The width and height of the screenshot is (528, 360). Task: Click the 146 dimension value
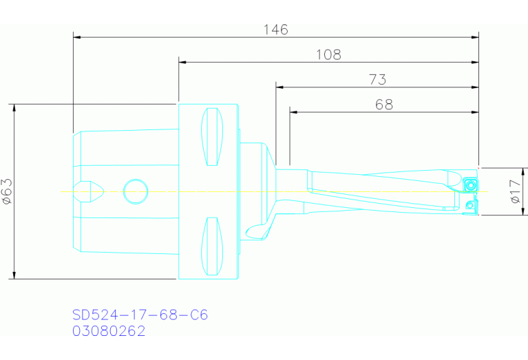tap(275, 30)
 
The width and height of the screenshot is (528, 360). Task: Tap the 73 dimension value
tap(377, 80)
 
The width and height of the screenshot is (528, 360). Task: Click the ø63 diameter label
tap(7, 191)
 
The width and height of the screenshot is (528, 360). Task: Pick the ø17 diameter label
tap(515, 191)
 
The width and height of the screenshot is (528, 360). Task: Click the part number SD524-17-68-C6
tap(140, 315)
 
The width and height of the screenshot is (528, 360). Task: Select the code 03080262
tap(109, 331)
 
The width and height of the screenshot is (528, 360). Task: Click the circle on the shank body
tap(135, 191)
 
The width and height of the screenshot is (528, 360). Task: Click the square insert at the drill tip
tap(470, 184)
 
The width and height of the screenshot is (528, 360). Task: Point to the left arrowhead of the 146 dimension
tap(76, 36)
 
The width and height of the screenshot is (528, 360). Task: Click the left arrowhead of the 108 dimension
tap(182, 62)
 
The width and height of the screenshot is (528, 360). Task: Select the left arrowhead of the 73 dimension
tap(279, 87)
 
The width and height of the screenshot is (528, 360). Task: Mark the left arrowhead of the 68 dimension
tap(293, 112)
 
